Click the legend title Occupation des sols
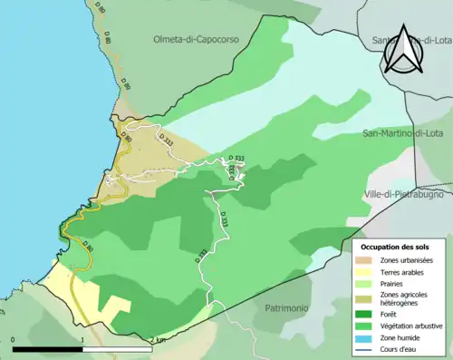[x=397, y=246]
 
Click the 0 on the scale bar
[x=14, y=339]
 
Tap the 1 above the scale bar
[x=82, y=339]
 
